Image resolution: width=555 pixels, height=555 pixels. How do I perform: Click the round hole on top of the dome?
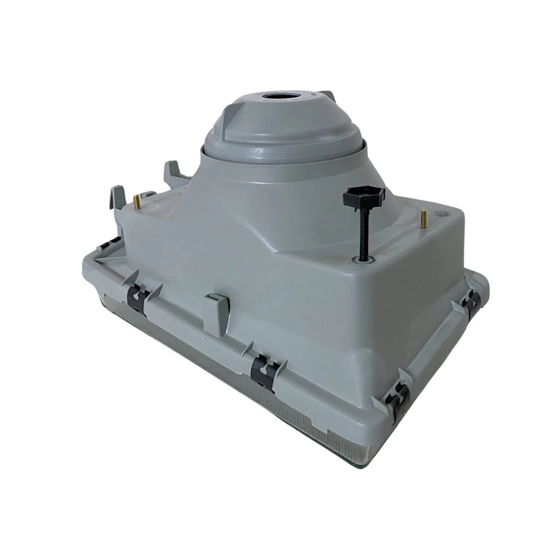click(276, 96)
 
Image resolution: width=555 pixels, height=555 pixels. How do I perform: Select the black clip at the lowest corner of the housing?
click(397, 401)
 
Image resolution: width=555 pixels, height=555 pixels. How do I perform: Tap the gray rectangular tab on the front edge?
click(216, 313)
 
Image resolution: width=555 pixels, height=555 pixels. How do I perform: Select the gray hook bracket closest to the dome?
click(173, 173)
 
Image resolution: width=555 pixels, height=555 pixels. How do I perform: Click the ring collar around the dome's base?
click(283, 154)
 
